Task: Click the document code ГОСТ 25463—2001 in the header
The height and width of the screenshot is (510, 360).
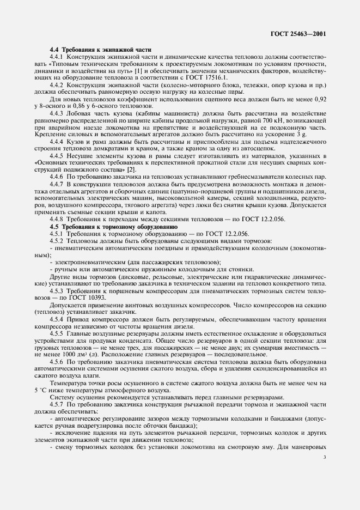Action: [298, 34]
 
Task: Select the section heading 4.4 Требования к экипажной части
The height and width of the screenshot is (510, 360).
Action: [101, 50]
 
